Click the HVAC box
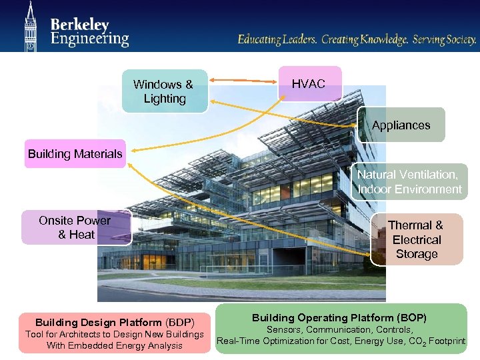pos(309,84)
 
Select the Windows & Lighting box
pos(164,91)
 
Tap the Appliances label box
pos(401,125)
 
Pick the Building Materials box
pos(75,154)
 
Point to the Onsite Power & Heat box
pos(75,227)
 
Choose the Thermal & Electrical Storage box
pos(416,240)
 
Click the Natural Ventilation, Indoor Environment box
pos(409,182)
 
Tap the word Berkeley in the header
pos(79,25)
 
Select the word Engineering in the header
pos(89,39)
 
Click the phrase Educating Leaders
pos(277,40)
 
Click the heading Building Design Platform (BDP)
pos(115,322)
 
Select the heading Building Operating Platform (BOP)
pos(339,318)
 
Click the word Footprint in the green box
pos(447,341)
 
